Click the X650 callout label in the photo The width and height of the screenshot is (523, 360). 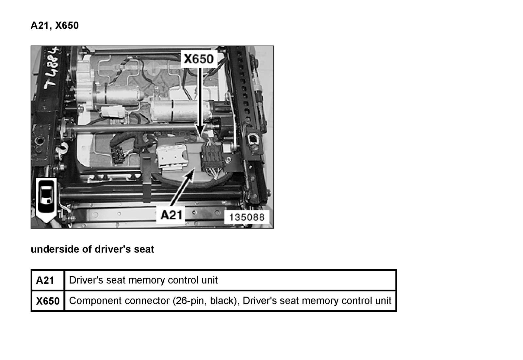coord(199,59)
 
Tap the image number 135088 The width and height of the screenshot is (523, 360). coord(247,217)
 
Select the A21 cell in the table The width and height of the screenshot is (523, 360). coord(45,281)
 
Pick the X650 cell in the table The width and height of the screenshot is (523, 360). coord(48,301)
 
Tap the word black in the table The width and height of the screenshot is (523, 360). coord(222,301)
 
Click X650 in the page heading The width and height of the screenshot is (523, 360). coord(67,26)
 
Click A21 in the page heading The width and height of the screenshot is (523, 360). coord(40,26)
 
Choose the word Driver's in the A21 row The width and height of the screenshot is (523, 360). coord(86,281)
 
